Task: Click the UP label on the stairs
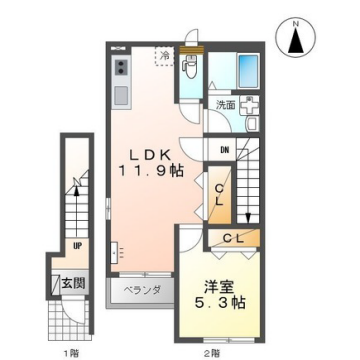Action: coord(77,244)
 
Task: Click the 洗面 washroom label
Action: coord(226,104)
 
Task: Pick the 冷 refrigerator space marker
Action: coord(165,58)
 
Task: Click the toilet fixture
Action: coord(190,69)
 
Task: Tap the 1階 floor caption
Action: coord(72,352)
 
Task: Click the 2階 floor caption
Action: coord(211,352)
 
